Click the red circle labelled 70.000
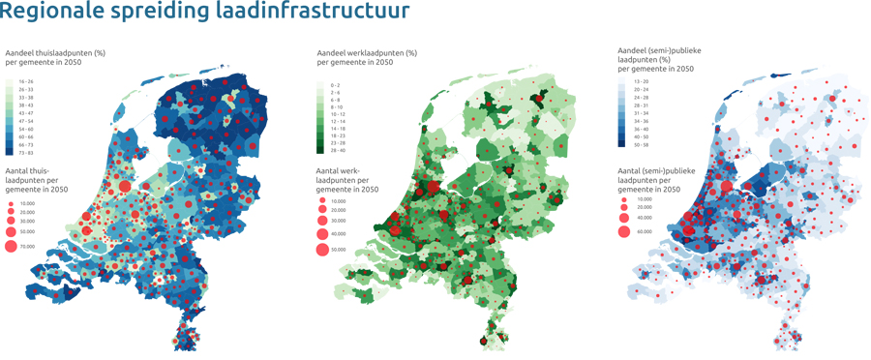point(12,247)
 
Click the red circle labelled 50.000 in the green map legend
point(322,250)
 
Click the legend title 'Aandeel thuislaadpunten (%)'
point(55,52)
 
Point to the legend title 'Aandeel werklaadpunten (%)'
point(367,53)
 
